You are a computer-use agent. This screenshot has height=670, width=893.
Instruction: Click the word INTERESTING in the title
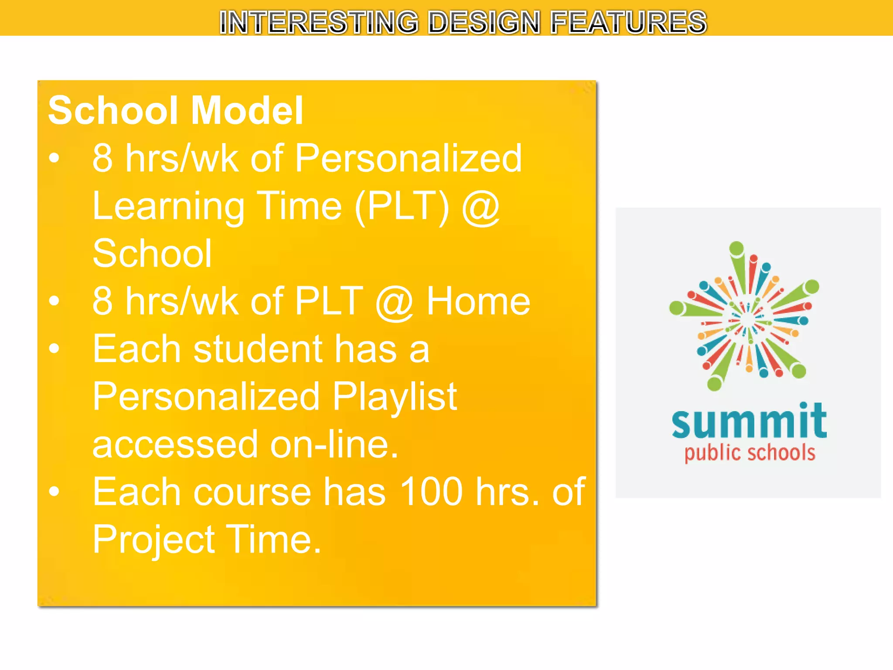(319, 22)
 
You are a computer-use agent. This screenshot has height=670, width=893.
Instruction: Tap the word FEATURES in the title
(628, 22)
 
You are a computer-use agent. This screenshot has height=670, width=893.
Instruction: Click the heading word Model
(247, 111)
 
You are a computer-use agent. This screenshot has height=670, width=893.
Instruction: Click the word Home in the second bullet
(478, 301)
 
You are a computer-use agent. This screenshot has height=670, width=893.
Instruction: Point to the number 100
(431, 492)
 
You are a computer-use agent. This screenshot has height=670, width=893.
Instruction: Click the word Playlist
(395, 397)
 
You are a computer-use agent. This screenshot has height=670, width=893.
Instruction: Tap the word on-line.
(334, 444)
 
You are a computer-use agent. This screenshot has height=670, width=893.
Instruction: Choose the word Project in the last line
(153, 540)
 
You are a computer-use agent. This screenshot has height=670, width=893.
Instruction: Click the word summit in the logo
(749, 421)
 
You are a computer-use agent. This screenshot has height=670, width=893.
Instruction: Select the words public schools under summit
(750, 453)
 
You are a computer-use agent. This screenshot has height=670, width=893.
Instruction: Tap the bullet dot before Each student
(54, 349)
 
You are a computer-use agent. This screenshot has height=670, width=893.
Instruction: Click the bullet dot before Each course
(54, 492)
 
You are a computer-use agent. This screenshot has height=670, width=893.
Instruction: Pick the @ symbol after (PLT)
(481, 207)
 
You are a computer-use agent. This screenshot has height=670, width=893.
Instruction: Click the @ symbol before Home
(394, 302)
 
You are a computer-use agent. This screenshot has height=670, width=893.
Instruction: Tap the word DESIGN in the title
(484, 22)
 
